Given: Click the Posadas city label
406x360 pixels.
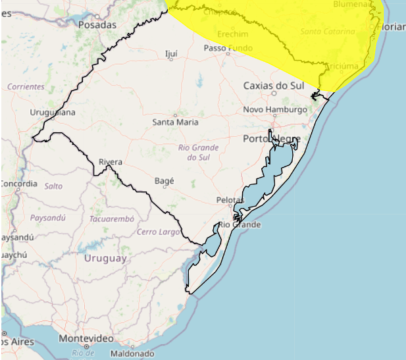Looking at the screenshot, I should pyautogui.click(x=97, y=25).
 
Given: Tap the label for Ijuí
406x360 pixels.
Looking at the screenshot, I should pyautogui.click(x=171, y=53).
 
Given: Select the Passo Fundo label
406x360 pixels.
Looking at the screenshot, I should pyautogui.click(x=228, y=48).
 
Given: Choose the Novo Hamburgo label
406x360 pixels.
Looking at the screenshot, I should pyautogui.click(x=275, y=109).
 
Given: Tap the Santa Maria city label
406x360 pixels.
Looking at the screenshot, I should pyautogui.click(x=175, y=122).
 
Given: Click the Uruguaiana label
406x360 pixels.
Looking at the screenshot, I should pyautogui.click(x=53, y=113).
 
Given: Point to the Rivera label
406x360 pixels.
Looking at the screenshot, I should pyautogui.click(x=111, y=162).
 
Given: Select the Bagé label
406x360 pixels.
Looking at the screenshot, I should pyautogui.click(x=164, y=180).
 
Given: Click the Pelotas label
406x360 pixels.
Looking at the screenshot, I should pyautogui.click(x=230, y=200).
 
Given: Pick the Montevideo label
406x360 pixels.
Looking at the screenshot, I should pyautogui.click(x=86, y=338).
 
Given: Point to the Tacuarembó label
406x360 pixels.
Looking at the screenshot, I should pyautogui.click(x=111, y=219).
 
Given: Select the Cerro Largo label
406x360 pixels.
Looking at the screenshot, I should pyautogui.click(x=159, y=232).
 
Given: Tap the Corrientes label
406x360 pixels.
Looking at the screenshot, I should pyautogui.click(x=26, y=86).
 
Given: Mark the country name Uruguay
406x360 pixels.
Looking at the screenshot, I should pyautogui.click(x=105, y=259).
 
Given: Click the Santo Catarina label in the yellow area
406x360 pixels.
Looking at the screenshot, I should pyautogui.click(x=328, y=31).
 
